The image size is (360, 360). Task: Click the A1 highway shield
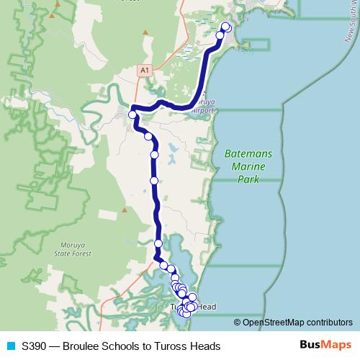145,70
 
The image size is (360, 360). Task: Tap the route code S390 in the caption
34,346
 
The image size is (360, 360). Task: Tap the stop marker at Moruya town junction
132,114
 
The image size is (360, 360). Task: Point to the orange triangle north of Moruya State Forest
124,210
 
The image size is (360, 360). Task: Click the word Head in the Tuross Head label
206,307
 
